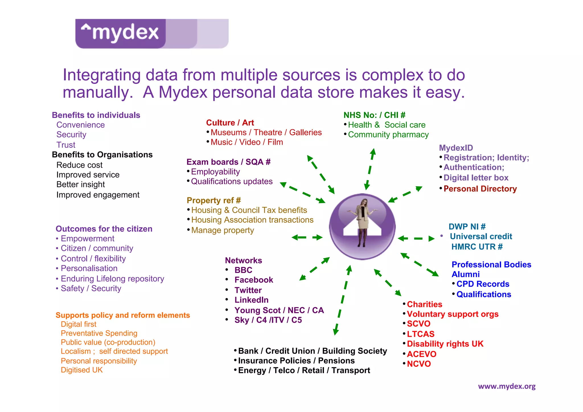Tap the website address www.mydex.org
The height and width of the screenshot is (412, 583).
(506, 386)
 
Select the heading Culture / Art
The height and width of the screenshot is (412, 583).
(230, 123)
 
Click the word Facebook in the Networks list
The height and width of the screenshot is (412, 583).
(254, 280)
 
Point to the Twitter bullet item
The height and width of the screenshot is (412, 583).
(248, 290)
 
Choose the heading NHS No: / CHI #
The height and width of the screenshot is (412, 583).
(374, 115)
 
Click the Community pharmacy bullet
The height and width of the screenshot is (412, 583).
(388, 135)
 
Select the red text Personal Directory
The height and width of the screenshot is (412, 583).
(480, 189)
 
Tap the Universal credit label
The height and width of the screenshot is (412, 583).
(481, 236)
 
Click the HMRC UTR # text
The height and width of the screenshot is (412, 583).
(477, 247)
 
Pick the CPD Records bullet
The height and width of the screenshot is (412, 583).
(483, 284)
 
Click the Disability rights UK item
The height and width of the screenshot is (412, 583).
(445, 344)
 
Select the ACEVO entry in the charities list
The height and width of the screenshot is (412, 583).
(421, 354)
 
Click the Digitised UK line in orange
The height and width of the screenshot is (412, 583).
(82, 370)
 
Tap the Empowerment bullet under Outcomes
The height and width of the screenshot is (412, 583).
(87, 239)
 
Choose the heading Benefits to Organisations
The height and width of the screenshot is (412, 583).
(102, 155)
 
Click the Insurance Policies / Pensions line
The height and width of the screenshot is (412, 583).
(296, 361)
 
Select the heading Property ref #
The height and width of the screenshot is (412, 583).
(214, 200)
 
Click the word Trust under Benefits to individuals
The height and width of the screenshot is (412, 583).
(66, 145)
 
